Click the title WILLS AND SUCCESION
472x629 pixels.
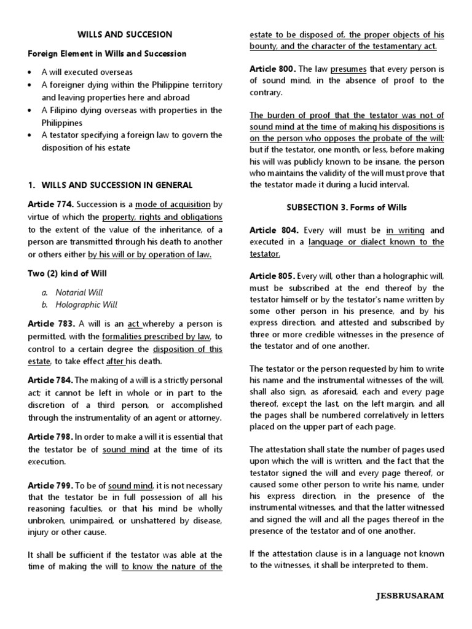pyautogui.click(x=125, y=34)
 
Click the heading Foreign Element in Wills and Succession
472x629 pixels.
pyautogui.click(x=107, y=53)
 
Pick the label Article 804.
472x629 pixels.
pyautogui.click(x=274, y=230)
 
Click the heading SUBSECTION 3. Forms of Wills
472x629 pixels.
pyautogui.click(x=347, y=207)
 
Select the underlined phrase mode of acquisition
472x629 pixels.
pyautogui.click(x=173, y=204)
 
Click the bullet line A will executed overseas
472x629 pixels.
pyautogui.click(x=87, y=72)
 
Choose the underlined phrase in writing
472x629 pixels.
pyautogui.click(x=405, y=230)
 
